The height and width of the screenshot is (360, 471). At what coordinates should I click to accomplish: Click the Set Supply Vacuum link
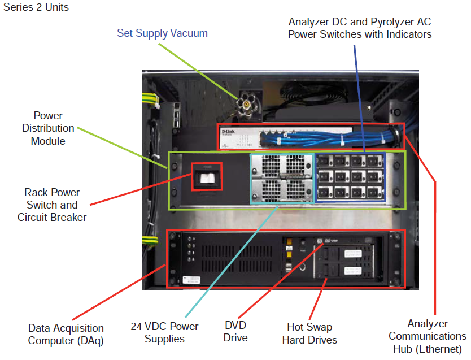162,33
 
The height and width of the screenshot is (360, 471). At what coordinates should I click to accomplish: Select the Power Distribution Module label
48,128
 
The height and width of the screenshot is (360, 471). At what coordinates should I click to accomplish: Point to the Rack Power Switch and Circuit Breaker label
52,205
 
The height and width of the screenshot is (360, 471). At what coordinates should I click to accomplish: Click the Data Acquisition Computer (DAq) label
66,334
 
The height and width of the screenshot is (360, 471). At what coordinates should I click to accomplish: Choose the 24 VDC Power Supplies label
164,333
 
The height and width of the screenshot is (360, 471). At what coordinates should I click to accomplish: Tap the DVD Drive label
236,332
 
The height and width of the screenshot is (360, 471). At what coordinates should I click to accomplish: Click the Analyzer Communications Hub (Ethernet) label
428,336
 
